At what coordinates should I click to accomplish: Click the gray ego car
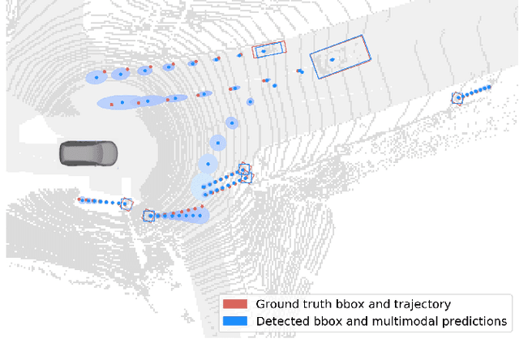(x=88, y=152)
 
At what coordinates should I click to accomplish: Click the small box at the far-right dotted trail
(x=458, y=98)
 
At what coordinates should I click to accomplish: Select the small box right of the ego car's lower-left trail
(x=126, y=205)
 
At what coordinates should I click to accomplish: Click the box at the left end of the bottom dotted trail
(x=148, y=216)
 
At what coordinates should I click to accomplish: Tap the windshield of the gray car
(x=99, y=152)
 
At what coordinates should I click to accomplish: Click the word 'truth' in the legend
(x=313, y=304)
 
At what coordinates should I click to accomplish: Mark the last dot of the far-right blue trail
(x=490, y=86)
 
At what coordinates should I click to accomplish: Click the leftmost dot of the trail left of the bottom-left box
(x=79, y=199)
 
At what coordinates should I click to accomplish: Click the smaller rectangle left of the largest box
(x=268, y=50)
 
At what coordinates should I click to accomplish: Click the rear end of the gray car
(x=62, y=152)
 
